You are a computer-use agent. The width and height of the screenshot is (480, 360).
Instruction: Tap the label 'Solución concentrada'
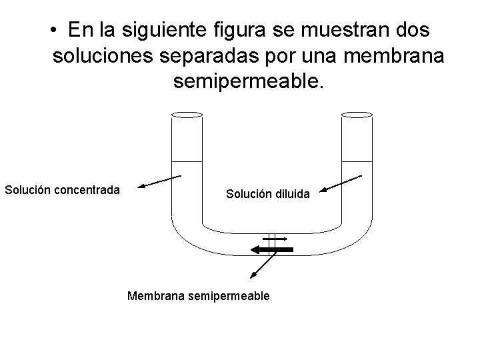62,189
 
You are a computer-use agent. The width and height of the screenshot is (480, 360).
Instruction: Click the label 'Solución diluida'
267,194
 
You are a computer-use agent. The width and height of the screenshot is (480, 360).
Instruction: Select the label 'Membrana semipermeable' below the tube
198,295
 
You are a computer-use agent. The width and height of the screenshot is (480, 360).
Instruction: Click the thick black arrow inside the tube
271,249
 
